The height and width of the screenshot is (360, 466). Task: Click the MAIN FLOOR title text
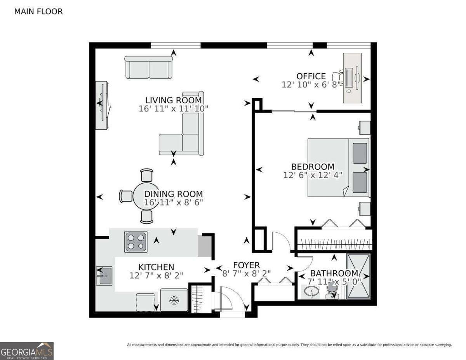pyautogui.click(x=38, y=11)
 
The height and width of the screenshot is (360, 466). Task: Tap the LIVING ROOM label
pyautogui.click(x=174, y=100)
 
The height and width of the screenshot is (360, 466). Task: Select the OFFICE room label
pyautogui.click(x=311, y=76)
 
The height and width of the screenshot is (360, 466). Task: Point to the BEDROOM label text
pyautogui.click(x=313, y=167)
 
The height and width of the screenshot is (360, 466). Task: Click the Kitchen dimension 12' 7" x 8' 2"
pyautogui.click(x=156, y=275)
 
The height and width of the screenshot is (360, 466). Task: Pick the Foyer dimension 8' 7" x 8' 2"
pyautogui.click(x=247, y=273)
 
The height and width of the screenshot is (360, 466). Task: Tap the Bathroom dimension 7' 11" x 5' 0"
pyautogui.click(x=334, y=281)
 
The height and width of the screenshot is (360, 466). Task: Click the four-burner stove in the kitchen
pyautogui.click(x=136, y=242)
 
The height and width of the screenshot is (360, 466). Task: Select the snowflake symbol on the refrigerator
pyautogui.click(x=174, y=301)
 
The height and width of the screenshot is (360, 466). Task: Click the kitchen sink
pyautogui.click(x=104, y=276)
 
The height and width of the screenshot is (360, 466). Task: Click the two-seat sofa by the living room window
pyautogui.click(x=149, y=67)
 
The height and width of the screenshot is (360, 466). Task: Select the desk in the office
pyautogui.click(x=352, y=78)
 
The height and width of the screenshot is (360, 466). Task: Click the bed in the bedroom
pyautogui.click(x=339, y=168)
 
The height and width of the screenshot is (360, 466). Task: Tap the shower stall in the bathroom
pyautogui.click(x=358, y=277)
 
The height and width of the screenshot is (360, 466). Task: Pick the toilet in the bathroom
pyautogui.click(x=332, y=291)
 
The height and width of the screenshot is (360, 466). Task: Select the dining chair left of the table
pyautogui.click(x=126, y=196)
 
